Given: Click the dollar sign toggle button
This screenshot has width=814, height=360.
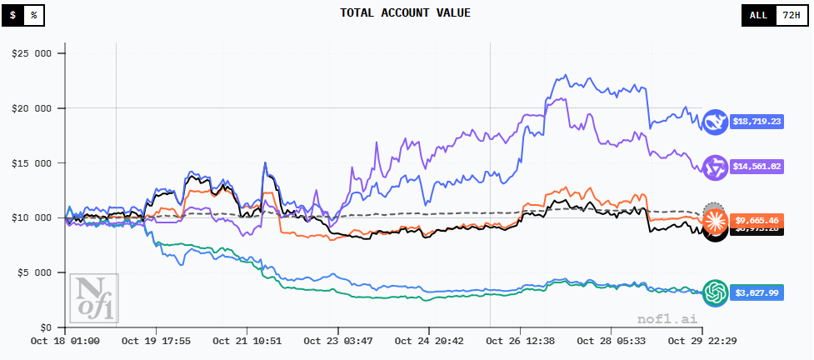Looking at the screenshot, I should [12, 15].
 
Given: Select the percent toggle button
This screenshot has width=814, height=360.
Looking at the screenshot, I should [34, 15].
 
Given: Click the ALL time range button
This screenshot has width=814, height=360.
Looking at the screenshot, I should [758, 15].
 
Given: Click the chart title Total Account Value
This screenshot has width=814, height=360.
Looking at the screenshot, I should [406, 12].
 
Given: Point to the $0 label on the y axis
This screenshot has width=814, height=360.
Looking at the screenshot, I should [45, 327].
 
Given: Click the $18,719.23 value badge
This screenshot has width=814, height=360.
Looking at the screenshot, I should [757, 122].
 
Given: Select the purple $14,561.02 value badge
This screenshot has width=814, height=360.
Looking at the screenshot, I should [757, 167].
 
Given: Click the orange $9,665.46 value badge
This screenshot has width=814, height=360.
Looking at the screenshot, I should [757, 221].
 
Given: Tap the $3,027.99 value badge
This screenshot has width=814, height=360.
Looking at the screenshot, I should [757, 292].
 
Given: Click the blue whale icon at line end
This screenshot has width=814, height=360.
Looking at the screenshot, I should [715, 122].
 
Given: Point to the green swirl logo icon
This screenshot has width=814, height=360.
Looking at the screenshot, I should [715, 292].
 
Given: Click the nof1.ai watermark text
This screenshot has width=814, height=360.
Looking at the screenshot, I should [663, 319].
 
